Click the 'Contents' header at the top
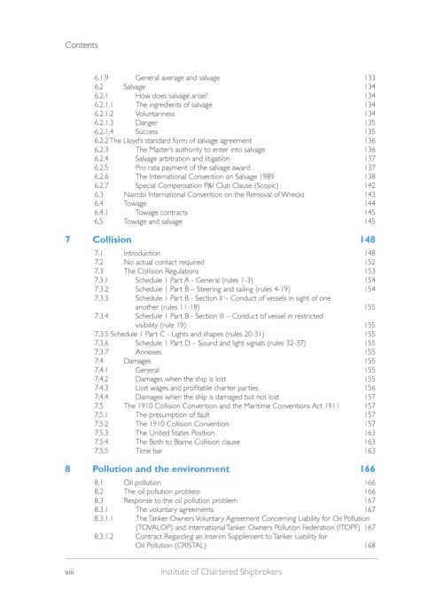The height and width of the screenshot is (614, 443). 84,42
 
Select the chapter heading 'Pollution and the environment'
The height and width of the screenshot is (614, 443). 160,468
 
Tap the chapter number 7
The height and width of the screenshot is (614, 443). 69,240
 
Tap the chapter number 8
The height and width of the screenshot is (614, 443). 69,468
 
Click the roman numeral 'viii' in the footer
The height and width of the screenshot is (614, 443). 72,572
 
